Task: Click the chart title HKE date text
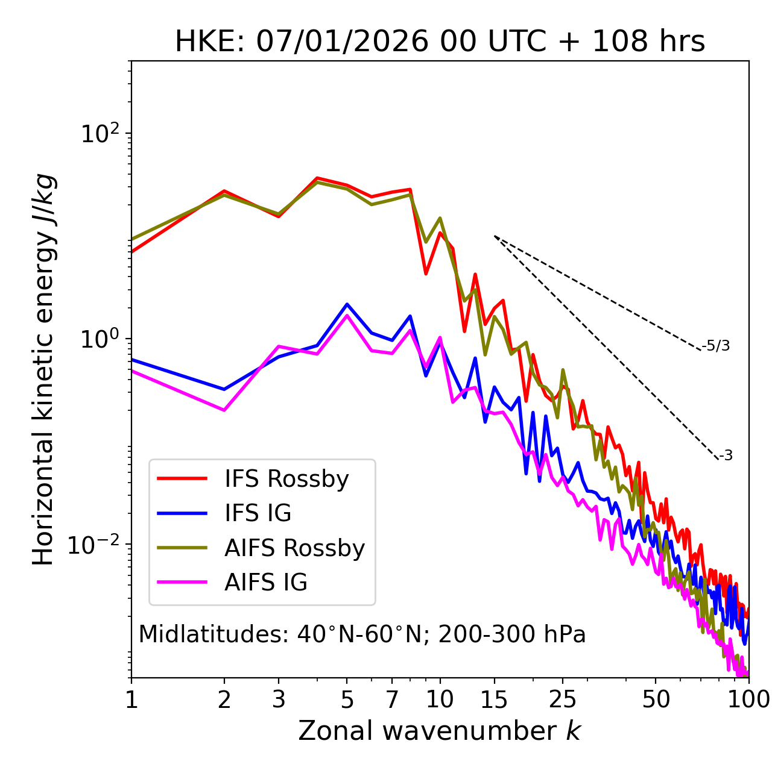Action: click(x=440, y=42)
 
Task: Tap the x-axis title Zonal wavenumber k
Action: click(x=439, y=731)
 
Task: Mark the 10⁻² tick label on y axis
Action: click(x=97, y=544)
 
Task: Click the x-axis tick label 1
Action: click(x=131, y=700)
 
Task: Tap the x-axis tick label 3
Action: click(x=279, y=700)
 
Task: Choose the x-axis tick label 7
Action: click(x=392, y=700)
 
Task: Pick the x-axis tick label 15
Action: click(x=494, y=700)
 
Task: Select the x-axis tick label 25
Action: click(x=563, y=700)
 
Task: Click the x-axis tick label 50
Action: click(x=656, y=700)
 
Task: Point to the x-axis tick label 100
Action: click(x=748, y=700)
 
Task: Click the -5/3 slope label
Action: click(x=716, y=346)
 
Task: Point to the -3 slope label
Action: click(x=726, y=456)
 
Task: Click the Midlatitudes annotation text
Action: click(x=362, y=634)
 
